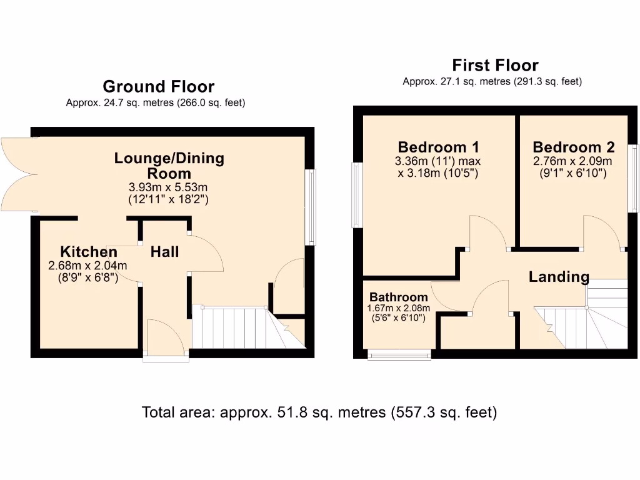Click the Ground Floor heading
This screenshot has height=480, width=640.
pos(158,86)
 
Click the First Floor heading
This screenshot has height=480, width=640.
pos(495,65)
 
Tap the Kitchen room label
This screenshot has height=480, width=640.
pos(88,252)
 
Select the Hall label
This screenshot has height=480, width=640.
pos(164,252)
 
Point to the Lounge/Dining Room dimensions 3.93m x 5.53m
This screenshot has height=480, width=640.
pos(169,187)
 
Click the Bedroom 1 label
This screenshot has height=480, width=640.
pos(438,147)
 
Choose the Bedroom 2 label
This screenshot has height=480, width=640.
pos(573,147)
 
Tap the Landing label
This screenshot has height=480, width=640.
pos(559,276)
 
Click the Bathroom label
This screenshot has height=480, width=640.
pos(398,297)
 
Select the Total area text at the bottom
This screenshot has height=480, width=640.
pos(319,412)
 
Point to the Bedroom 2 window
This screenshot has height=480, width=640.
pos(634,178)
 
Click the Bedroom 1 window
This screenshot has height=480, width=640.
pos(357,195)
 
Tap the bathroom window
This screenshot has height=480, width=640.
pos(399,355)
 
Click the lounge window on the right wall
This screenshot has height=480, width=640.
pos(310,207)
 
